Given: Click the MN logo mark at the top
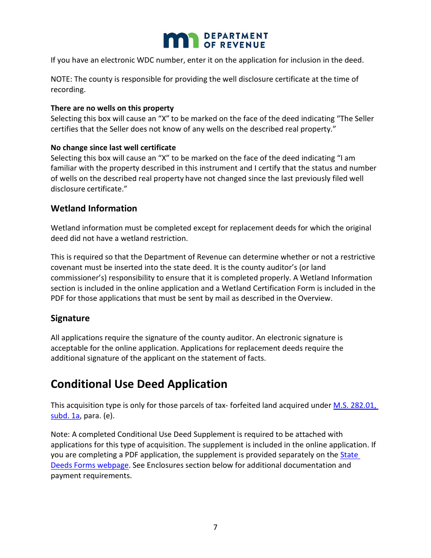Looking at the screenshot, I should pyautogui.click(x=181, y=40).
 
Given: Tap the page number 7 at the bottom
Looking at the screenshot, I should pyautogui.click(x=215, y=527).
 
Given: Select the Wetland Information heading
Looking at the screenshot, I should pyautogui.click(x=94, y=209).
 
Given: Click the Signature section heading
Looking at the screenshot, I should pyautogui.click(x=70, y=318).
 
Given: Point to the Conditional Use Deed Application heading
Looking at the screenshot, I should pyautogui.click(x=139, y=384).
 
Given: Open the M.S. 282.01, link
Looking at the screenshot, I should pyautogui.click(x=355, y=406).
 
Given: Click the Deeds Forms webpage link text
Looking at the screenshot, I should pyautogui.click(x=90, y=465).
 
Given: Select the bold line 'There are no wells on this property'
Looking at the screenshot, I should pyautogui.click(x=112, y=108).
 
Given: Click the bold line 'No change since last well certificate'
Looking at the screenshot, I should pyautogui.click(x=113, y=148).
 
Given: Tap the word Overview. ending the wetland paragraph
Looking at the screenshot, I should pyautogui.click(x=315, y=299).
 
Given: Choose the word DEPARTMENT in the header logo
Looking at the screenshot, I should pyautogui.click(x=236, y=36).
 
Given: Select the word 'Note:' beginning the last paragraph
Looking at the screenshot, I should pyautogui.click(x=60, y=435).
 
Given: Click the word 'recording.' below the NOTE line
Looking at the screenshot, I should pyautogui.click(x=68, y=90).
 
